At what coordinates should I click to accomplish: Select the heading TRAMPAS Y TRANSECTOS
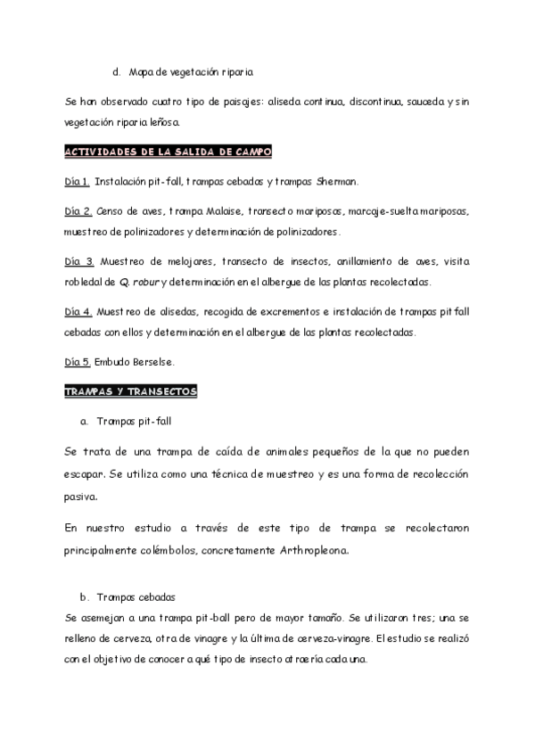coord(131,390)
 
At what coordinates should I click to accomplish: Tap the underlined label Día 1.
coord(77,182)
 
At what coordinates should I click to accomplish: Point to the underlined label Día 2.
coord(78,212)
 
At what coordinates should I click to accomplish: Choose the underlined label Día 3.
coord(78,262)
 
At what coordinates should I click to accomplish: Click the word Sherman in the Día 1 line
coord(336,182)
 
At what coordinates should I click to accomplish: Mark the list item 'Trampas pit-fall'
coord(139,420)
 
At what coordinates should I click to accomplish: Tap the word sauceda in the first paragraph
coord(419,103)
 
